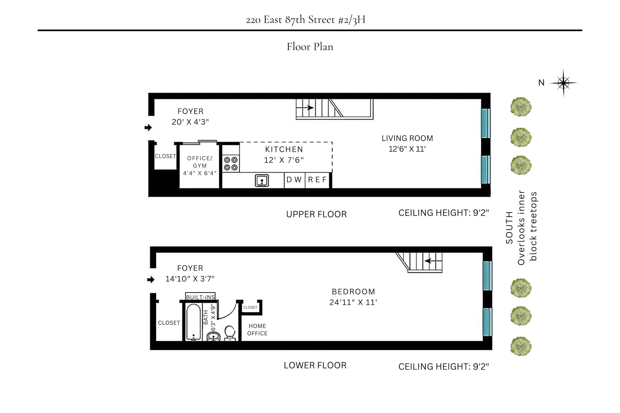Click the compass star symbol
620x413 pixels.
tap(563, 83)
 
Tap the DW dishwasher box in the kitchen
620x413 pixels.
tap(294, 180)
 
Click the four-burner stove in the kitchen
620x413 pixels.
tap(231, 163)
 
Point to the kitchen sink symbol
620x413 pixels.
tap(262, 181)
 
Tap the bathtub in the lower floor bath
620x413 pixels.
tap(193, 322)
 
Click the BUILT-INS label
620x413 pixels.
tap(200, 297)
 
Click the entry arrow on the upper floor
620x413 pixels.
tap(148, 128)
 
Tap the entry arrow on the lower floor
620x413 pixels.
tap(151, 280)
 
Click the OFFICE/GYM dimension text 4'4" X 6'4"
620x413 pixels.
tap(200, 173)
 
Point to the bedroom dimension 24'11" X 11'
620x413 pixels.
tap(353, 302)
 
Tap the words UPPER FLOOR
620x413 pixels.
tap(316, 214)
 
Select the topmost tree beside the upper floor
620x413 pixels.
tap(521, 107)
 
